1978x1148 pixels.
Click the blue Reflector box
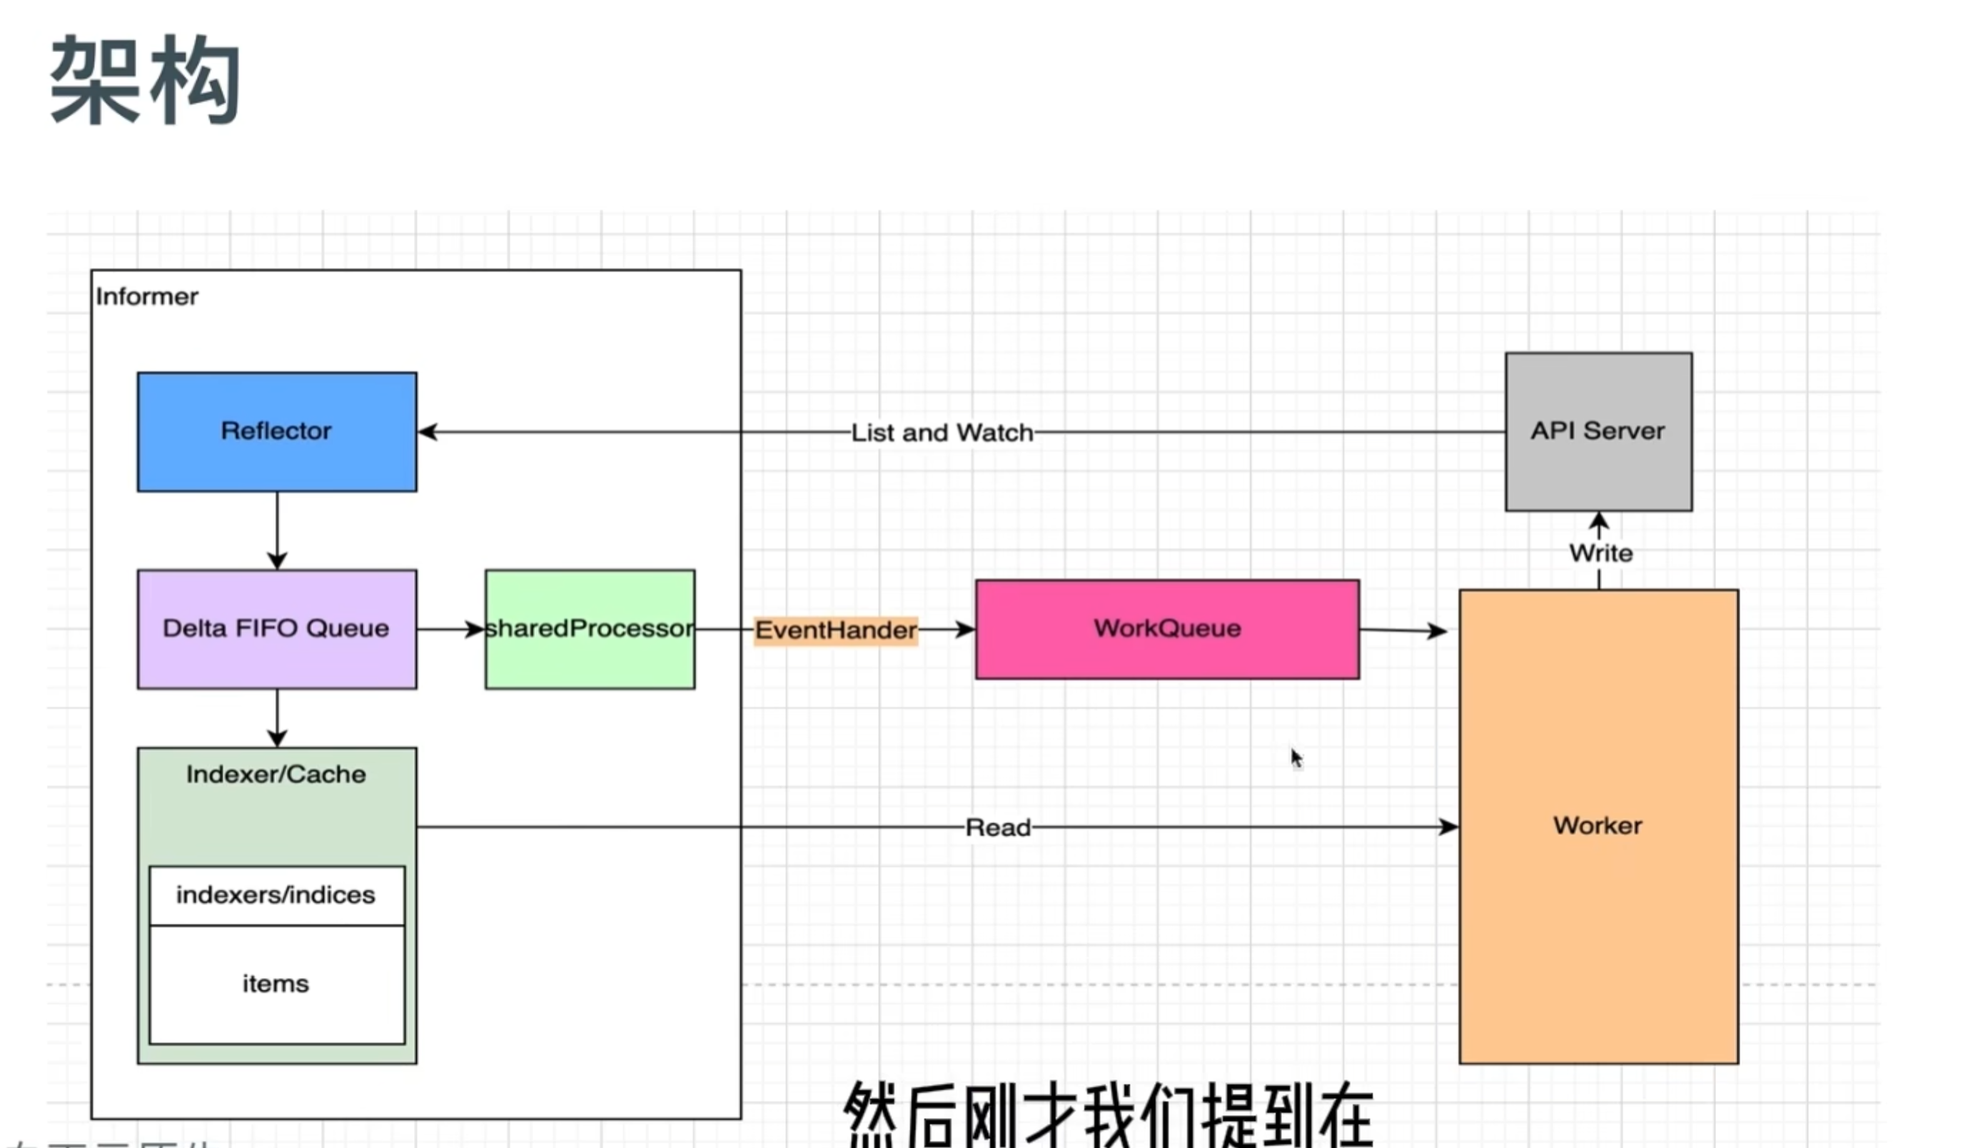(276, 432)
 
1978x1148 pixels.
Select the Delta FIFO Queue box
(276, 629)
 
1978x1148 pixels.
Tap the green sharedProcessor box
(590, 629)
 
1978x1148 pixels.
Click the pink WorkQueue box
(1167, 629)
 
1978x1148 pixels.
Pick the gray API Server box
(1598, 431)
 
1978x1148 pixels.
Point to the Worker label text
(1598, 825)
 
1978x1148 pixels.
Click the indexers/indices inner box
(276, 895)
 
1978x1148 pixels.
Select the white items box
(276, 984)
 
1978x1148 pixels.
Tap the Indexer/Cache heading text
(276, 774)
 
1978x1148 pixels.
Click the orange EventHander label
(836, 630)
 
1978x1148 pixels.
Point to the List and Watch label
(942, 433)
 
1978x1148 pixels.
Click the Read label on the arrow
(998, 827)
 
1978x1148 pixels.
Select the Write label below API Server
(1600, 553)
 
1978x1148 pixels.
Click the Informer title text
(147, 297)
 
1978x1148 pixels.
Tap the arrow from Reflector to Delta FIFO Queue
(277, 530)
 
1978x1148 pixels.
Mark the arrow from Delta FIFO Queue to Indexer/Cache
(277, 717)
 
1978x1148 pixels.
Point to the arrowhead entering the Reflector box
(428, 432)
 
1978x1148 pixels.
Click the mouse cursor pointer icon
(1296, 757)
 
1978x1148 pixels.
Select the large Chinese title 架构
(145, 80)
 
